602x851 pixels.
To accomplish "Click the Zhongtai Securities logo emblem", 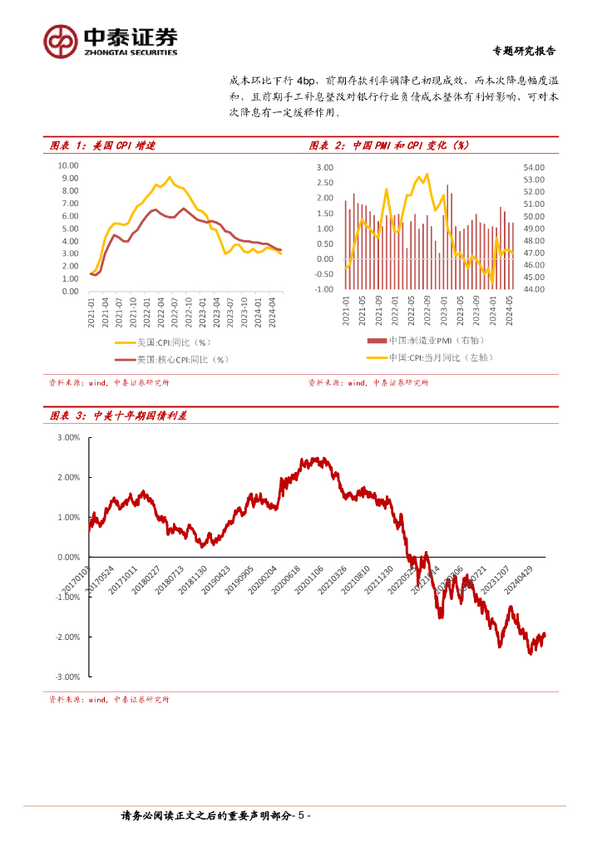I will coord(61,40).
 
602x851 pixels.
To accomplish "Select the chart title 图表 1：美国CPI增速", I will coord(102,145).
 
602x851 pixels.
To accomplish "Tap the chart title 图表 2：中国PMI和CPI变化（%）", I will coord(388,145).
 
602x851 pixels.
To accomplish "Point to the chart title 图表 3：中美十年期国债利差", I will coord(117,416).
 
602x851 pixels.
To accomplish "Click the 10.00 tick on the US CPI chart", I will coord(68,165).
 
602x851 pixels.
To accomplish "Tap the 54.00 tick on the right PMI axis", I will coord(533,168).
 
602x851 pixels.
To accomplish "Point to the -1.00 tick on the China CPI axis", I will coord(323,289).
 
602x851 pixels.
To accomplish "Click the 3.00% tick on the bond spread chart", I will coord(68,437).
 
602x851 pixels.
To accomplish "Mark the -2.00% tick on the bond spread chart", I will coord(67,637).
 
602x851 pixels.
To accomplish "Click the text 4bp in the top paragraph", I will coord(308,81).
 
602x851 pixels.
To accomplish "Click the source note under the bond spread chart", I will coord(109,700).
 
